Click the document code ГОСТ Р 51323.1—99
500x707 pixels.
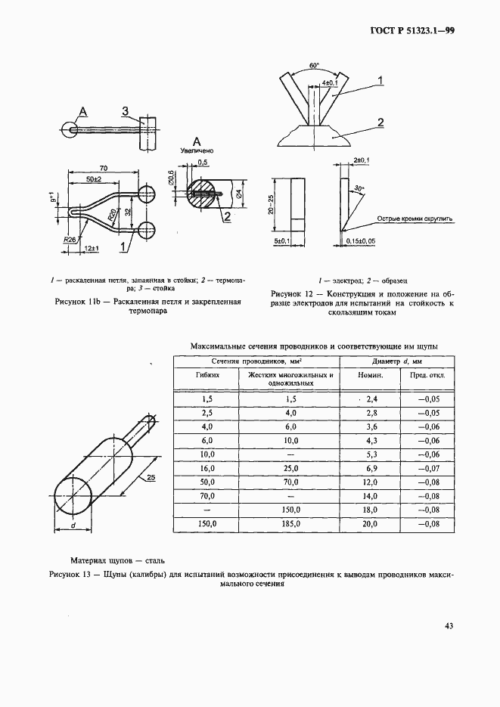coord(412,31)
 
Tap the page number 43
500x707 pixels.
coord(449,625)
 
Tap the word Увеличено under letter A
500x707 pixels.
coord(196,151)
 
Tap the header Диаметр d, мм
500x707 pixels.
coord(395,361)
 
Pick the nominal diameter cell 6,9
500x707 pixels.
coord(371,469)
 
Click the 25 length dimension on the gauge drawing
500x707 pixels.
coord(151,479)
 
